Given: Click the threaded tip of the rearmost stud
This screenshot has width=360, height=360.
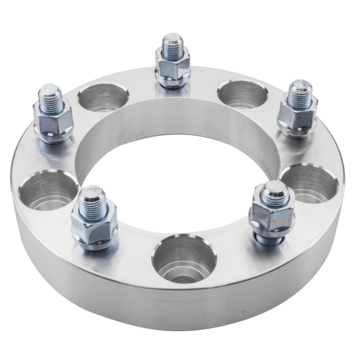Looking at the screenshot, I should coord(171,44).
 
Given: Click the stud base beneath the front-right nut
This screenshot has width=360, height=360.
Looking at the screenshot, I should coord(270,238).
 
